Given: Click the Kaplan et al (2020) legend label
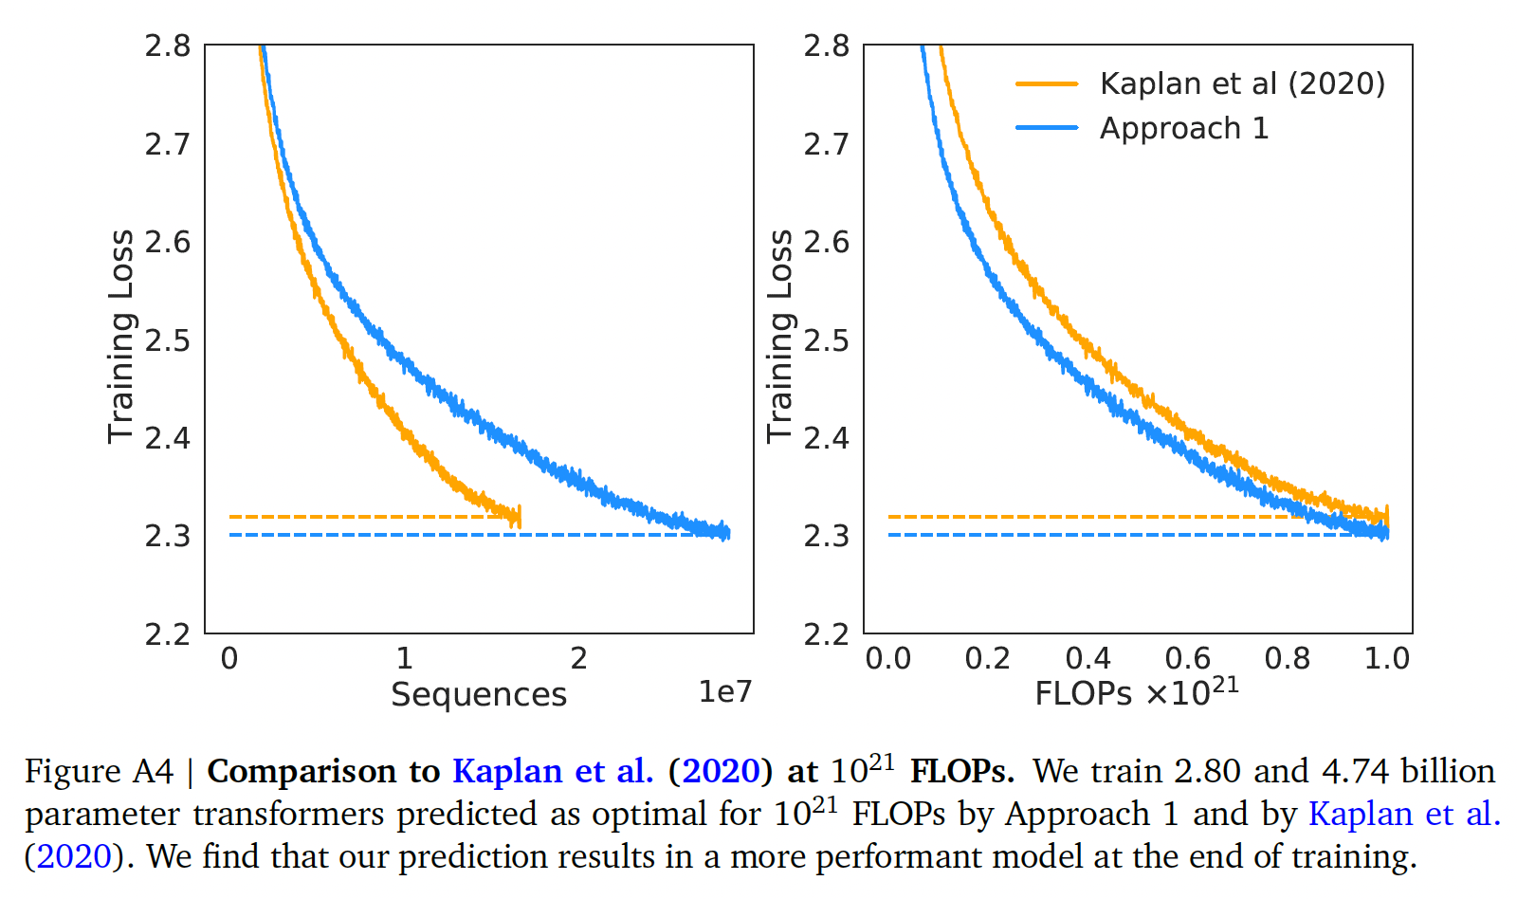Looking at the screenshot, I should pyautogui.click(x=1242, y=83).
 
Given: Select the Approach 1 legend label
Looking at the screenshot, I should pyautogui.click(x=1183, y=128).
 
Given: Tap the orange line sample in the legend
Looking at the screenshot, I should pyautogui.click(x=1047, y=83).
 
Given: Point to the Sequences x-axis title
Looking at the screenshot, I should pyautogui.click(x=479, y=694).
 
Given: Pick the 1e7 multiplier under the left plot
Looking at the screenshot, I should pyautogui.click(x=724, y=692).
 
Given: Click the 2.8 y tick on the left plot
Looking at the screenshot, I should pyautogui.click(x=168, y=46).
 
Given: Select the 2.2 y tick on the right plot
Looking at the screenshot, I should pyautogui.click(x=826, y=633).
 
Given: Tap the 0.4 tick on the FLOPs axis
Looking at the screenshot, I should pyautogui.click(x=1087, y=658).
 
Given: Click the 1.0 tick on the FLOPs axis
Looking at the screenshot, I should pyautogui.click(x=1387, y=658).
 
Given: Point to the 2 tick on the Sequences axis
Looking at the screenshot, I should pyautogui.click(x=578, y=658).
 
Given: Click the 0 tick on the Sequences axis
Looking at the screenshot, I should pyautogui.click(x=229, y=658).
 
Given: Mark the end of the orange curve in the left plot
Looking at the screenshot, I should pyautogui.click(x=519, y=517).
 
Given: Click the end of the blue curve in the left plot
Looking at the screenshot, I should pyautogui.click(x=727, y=533).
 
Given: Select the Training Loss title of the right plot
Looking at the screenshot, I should pyautogui.click(x=779, y=337).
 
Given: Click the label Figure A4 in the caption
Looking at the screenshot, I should pyautogui.click(x=99, y=771).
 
